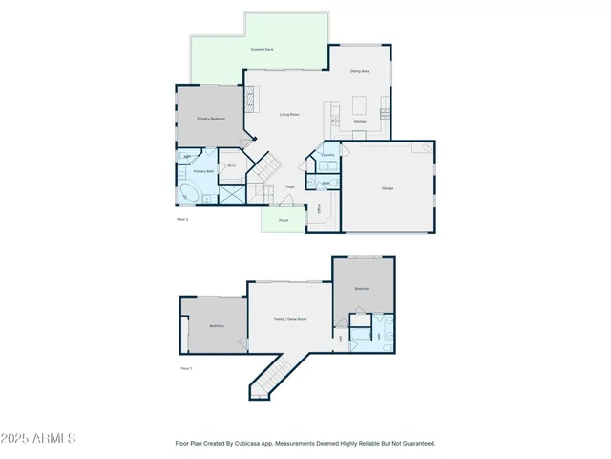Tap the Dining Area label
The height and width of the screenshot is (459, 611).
(x=359, y=71)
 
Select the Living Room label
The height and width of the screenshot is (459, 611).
(x=289, y=115)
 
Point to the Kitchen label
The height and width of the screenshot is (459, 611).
(x=360, y=122)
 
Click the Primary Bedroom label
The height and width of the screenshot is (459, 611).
(x=210, y=119)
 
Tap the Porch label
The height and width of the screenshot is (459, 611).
(x=284, y=221)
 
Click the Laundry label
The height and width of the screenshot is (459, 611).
(x=327, y=155)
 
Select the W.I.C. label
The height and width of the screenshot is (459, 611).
(x=231, y=166)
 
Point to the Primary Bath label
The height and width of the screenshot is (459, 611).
(x=202, y=171)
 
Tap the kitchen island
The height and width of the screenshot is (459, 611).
(x=360, y=103)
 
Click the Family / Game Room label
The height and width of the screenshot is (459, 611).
(x=290, y=319)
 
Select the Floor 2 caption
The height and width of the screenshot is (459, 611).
(x=183, y=220)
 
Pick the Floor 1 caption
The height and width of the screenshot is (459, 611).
(x=186, y=368)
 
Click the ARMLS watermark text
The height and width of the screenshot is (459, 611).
(x=39, y=438)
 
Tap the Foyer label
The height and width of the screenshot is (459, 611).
(x=289, y=186)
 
